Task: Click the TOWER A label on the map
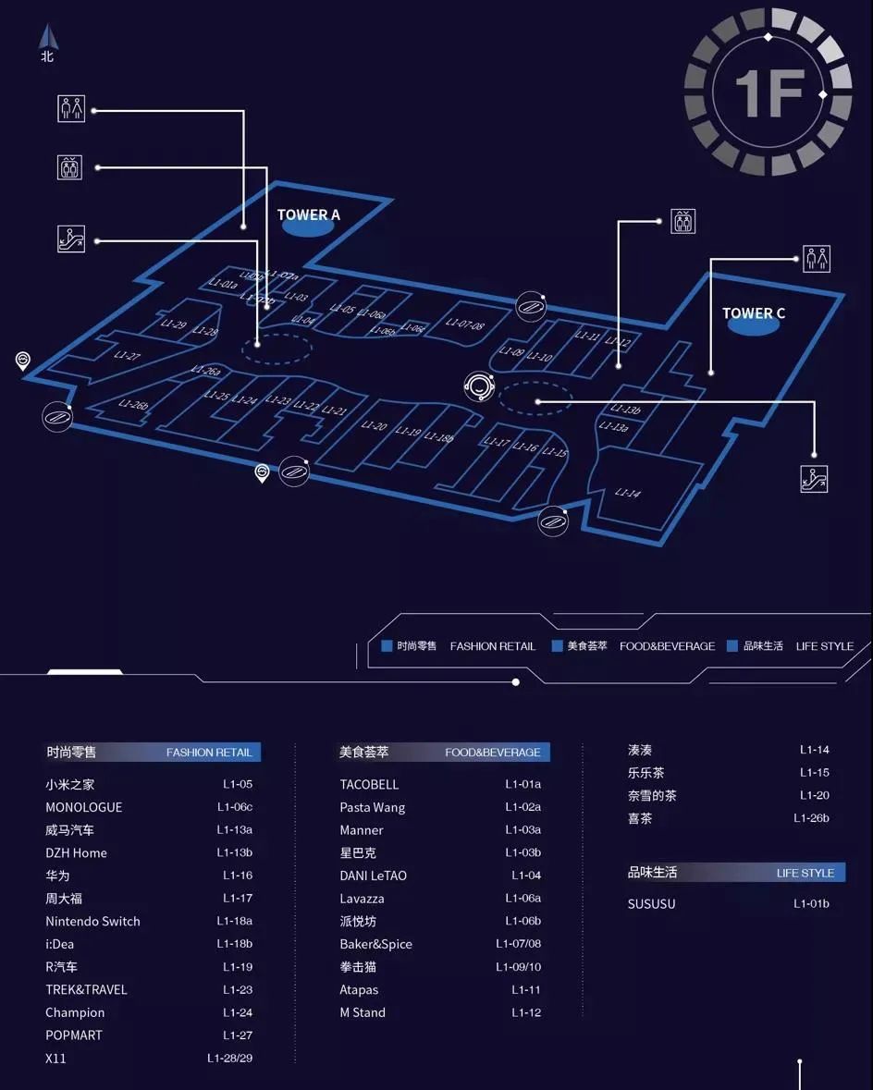coord(309,215)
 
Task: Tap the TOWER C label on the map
coord(754,313)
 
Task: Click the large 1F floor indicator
coord(768,93)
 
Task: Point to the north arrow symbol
coord(47,40)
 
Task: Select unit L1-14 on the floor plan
coord(628,493)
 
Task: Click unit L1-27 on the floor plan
coord(128,355)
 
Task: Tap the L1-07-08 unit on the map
coord(464,325)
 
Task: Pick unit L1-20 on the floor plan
coord(374,426)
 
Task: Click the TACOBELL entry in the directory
coord(369,784)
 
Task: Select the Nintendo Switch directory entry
coord(92,921)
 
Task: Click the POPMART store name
coord(74,1035)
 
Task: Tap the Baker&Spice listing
coord(375,944)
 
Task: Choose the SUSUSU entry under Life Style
coord(651,903)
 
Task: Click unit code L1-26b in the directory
coord(811,818)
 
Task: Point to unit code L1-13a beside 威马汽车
coord(234,830)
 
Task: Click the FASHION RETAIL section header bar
coord(153,752)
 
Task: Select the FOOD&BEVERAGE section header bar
coord(444,752)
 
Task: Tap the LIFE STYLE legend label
coord(824,646)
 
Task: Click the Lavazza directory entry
coord(362,899)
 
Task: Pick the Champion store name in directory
coord(75,1012)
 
